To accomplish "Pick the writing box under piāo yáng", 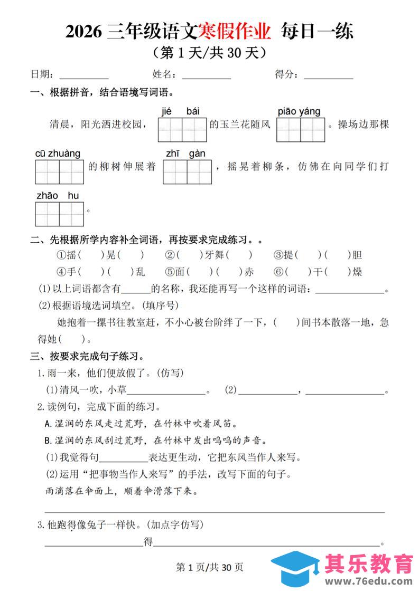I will click(300, 130).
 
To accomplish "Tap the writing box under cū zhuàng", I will click(59, 171).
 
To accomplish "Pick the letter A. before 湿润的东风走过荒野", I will click(50, 423).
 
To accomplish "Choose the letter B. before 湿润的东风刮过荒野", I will click(50, 440).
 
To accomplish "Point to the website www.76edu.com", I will click(368, 581).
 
